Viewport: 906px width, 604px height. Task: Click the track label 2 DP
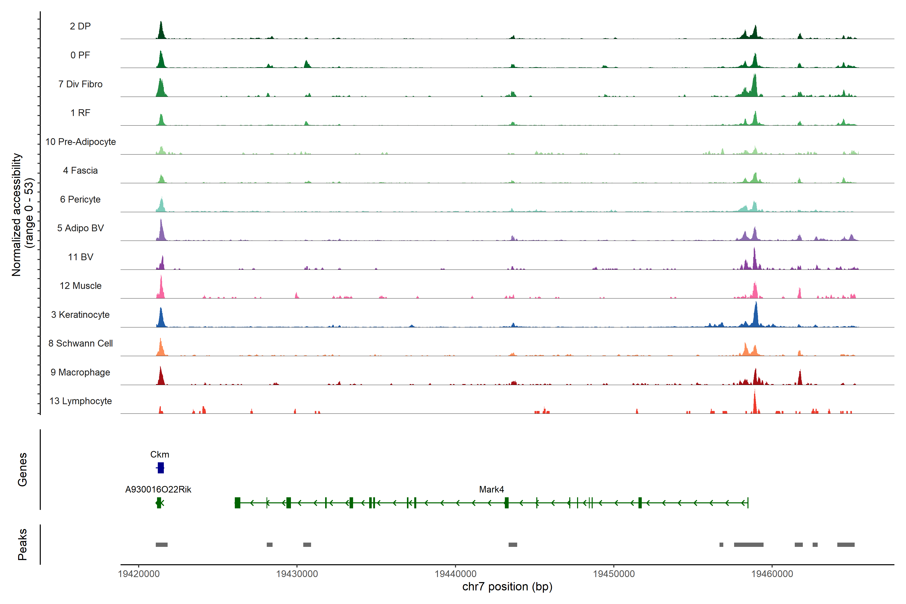coord(80,26)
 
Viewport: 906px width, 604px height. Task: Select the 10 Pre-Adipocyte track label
coord(81,142)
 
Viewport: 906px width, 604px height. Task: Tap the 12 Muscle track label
coord(81,286)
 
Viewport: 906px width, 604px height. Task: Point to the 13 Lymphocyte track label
coord(81,401)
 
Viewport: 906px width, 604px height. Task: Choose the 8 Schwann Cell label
coord(81,343)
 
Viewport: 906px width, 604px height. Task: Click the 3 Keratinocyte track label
coord(81,315)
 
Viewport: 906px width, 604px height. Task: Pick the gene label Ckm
coord(160,455)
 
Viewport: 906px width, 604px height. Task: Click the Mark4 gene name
coord(491,489)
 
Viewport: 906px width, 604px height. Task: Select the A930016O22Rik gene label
coord(158,489)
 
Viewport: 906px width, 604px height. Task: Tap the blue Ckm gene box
coord(161,468)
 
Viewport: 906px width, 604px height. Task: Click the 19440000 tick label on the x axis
coord(455,574)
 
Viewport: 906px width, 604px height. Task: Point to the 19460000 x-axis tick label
coord(772,574)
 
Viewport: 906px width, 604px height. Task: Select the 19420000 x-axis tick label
coord(139,574)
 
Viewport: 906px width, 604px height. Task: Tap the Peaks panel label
coord(22,544)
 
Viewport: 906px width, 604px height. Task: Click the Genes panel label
coord(22,470)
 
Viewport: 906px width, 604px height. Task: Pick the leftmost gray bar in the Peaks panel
coord(161,545)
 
